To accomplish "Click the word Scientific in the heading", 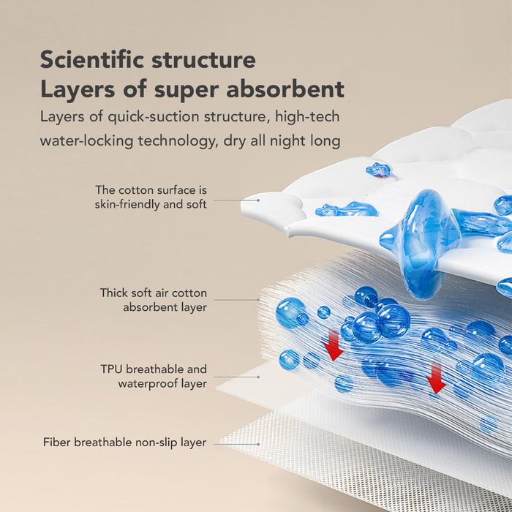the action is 91,59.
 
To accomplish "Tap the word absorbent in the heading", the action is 285,89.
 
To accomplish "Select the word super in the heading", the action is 186,91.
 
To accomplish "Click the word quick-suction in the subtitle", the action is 153,116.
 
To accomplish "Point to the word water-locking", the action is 86,140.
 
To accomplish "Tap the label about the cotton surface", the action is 151,197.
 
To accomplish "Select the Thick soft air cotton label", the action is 154,300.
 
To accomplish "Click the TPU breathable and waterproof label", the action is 154,376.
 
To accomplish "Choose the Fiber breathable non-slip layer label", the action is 125,443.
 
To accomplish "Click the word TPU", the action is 111,369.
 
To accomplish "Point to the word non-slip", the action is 156,443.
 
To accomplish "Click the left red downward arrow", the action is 333,345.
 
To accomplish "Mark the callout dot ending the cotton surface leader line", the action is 259,200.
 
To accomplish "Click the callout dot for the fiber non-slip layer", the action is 259,444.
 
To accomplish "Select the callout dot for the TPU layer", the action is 259,377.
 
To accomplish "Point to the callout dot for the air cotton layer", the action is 259,299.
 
